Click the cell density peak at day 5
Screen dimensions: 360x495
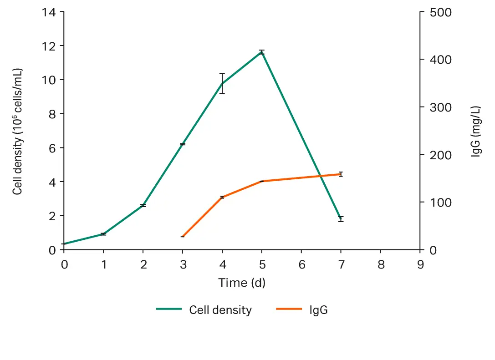click(x=261, y=52)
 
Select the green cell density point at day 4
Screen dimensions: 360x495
click(x=222, y=83)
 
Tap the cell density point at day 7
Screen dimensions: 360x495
click(x=341, y=219)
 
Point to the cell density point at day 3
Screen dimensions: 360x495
click(x=183, y=144)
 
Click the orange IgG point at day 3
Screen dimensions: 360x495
click(x=183, y=237)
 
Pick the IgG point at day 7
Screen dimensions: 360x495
click(x=341, y=174)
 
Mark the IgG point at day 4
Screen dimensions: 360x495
click(x=222, y=197)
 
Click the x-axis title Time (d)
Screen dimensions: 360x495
click(x=241, y=283)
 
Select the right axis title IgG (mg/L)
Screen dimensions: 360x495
click(x=475, y=132)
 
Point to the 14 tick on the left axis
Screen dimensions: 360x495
click(x=49, y=12)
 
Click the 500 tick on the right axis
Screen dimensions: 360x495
click(x=441, y=12)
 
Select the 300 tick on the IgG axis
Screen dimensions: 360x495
click(x=441, y=107)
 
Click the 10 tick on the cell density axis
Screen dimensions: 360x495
click(x=49, y=80)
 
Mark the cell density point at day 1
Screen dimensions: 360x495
click(x=103, y=234)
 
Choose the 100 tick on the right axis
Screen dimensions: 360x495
click(x=441, y=203)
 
